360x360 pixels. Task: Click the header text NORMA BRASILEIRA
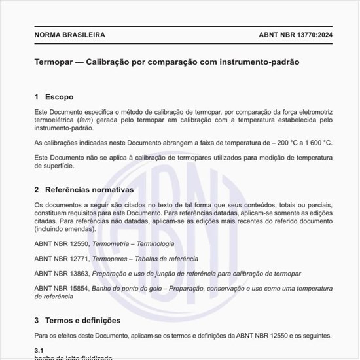click(69, 35)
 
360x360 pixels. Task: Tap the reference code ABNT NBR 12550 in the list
click(62, 243)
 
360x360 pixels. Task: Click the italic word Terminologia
click(153, 243)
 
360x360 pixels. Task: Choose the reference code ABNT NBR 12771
click(62, 259)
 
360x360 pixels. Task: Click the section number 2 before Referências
click(37, 190)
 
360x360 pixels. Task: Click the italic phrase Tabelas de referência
click(161, 259)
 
